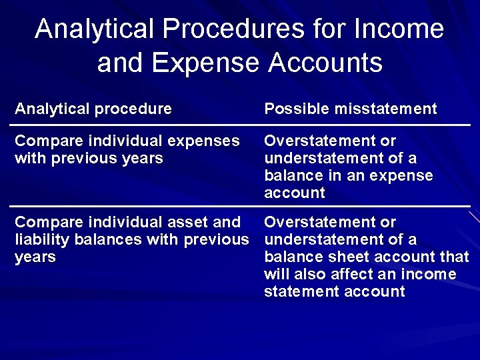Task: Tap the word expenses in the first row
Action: pos(205,141)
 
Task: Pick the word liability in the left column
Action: pos(39,240)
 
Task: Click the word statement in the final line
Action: pos(297,292)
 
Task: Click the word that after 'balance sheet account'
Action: pos(455,257)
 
